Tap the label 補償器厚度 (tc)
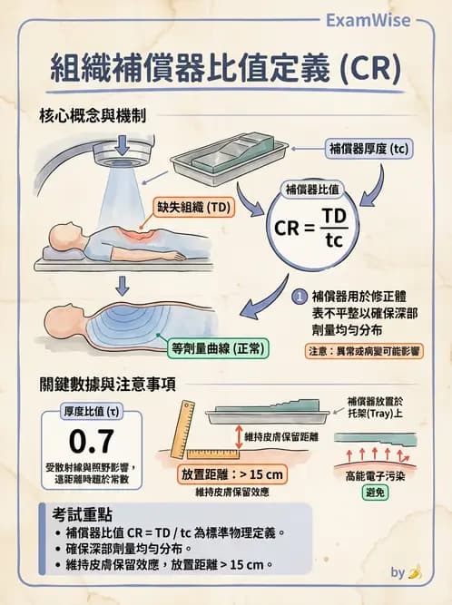click(367, 148)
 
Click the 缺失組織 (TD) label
click(194, 207)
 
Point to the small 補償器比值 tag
click(313, 190)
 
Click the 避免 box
click(375, 493)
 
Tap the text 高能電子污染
click(375, 473)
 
